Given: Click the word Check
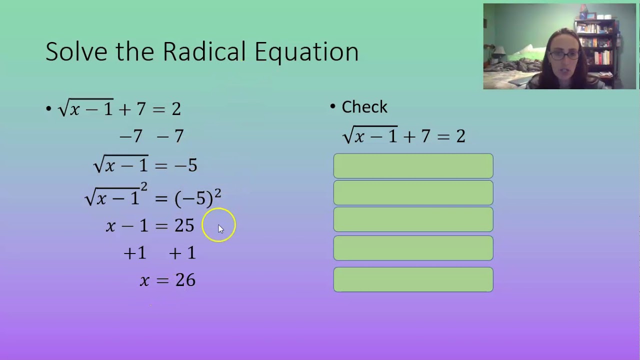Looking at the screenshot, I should point(364,107).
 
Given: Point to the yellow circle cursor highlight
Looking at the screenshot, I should point(218,225).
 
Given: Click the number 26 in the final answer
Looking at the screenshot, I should point(185,280).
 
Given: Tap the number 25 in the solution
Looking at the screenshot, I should point(184,225).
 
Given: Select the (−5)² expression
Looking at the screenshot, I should point(197,197).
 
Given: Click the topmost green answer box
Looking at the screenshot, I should point(413,166).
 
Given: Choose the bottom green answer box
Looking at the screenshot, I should point(413,279).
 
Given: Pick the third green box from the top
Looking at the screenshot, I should point(413,219).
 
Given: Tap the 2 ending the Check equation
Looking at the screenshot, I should point(460,136).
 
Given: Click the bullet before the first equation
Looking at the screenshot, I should point(48,109).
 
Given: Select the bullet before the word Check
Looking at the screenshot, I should point(333,106).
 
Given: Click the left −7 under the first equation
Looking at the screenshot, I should point(131,136).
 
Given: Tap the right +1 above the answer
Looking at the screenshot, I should point(182,253).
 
